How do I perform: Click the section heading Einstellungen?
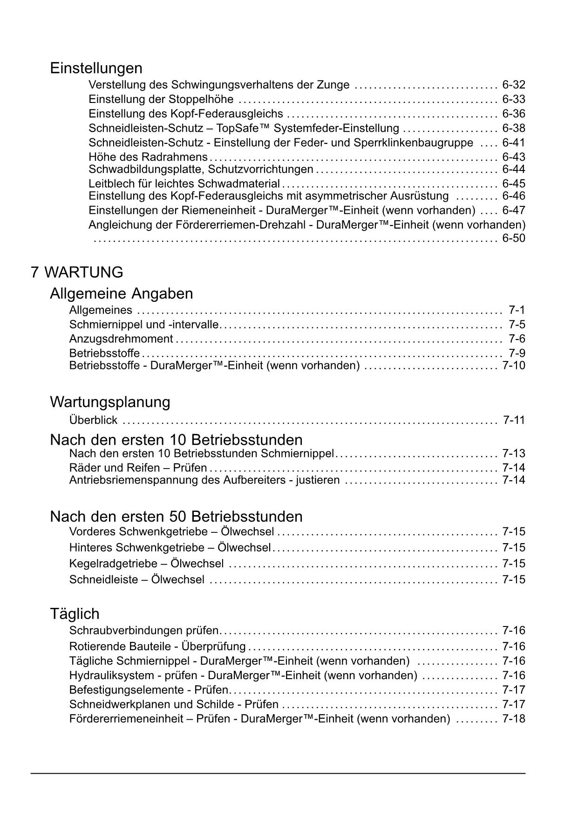click(x=96, y=68)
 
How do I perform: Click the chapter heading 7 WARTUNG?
click(x=77, y=272)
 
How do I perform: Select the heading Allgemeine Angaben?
click(x=121, y=293)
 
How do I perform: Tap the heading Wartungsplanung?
click(x=110, y=402)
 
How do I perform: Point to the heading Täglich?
click(x=75, y=613)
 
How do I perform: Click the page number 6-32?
click(x=513, y=85)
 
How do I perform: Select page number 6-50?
click(x=513, y=238)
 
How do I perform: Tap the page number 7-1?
click(x=517, y=310)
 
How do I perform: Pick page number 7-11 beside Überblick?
click(x=513, y=420)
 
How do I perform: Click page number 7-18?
click(x=513, y=719)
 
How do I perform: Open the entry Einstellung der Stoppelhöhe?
click(x=161, y=99)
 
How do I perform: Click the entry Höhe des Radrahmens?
click(x=148, y=157)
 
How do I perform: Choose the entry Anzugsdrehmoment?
click(x=121, y=339)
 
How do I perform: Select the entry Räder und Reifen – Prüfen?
click(x=138, y=468)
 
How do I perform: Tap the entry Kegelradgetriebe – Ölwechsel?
click(x=146, y=564)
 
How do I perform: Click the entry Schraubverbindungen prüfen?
click(x=143, y=631)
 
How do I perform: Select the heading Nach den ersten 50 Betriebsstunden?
click(x=176, y=516)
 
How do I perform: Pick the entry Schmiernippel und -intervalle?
click(x=143, y=325)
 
